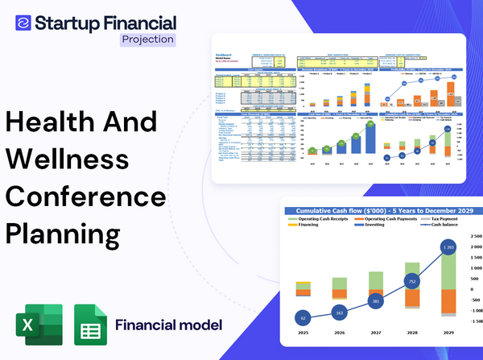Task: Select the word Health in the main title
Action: [49, 122]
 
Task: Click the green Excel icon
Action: [38, 325]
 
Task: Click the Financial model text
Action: [168, 325]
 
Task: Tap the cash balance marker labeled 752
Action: [411, 282]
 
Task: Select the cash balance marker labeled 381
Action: [374, 301]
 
